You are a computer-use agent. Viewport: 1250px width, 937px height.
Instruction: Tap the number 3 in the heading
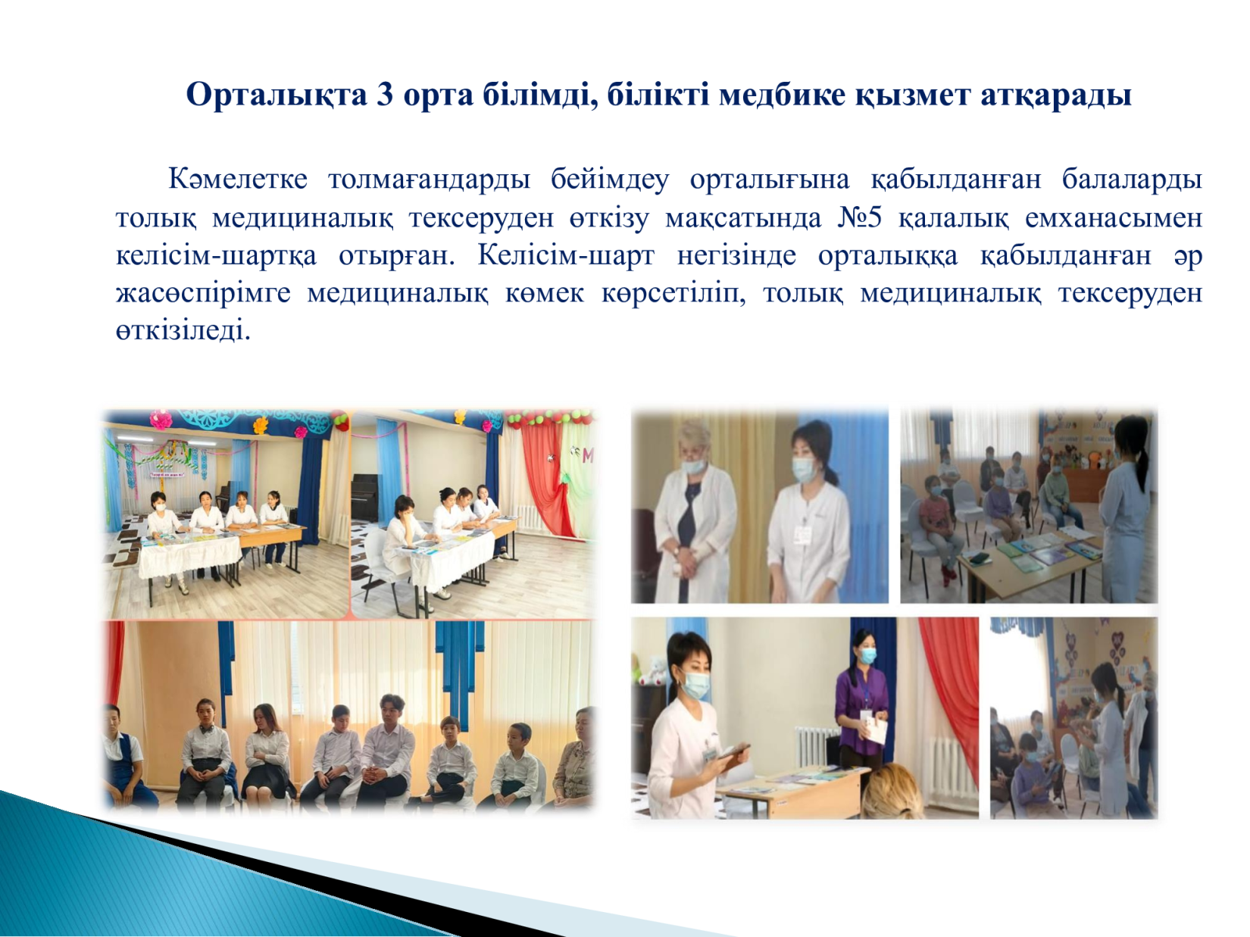tap(385, 95)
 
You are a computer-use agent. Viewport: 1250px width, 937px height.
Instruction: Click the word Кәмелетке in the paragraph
tap(238, 179)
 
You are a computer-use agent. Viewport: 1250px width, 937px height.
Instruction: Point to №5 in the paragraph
tap(859, 217)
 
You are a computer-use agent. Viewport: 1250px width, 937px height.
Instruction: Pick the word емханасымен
tap(1114, 217)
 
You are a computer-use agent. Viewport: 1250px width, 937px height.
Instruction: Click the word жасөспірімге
tap(203, 294)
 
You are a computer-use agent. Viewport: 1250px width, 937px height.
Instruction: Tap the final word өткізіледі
tap(183, 331)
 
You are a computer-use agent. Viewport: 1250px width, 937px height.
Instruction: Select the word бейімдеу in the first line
tap(610, 180)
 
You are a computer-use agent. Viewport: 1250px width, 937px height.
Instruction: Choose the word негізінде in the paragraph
tap(736, 255)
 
